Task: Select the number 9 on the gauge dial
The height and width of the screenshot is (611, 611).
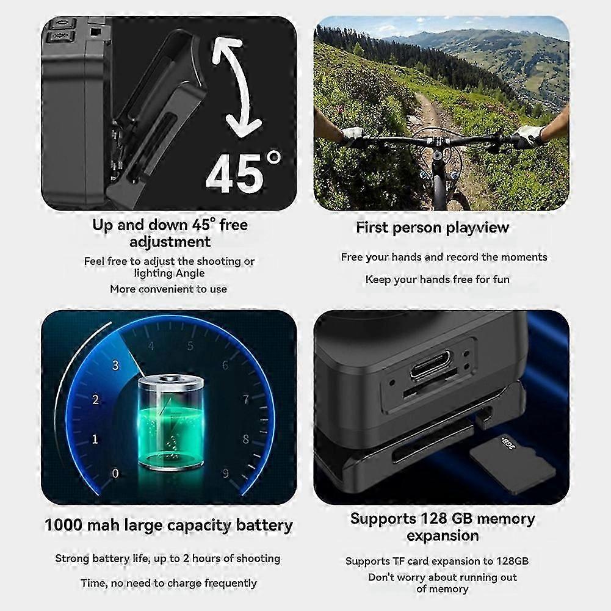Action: click(226, 472)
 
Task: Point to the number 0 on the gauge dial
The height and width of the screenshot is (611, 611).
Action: click(115, 472)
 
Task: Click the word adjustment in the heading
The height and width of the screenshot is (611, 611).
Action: click(170, 242)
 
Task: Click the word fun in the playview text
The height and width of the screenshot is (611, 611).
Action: click(501, 280)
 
